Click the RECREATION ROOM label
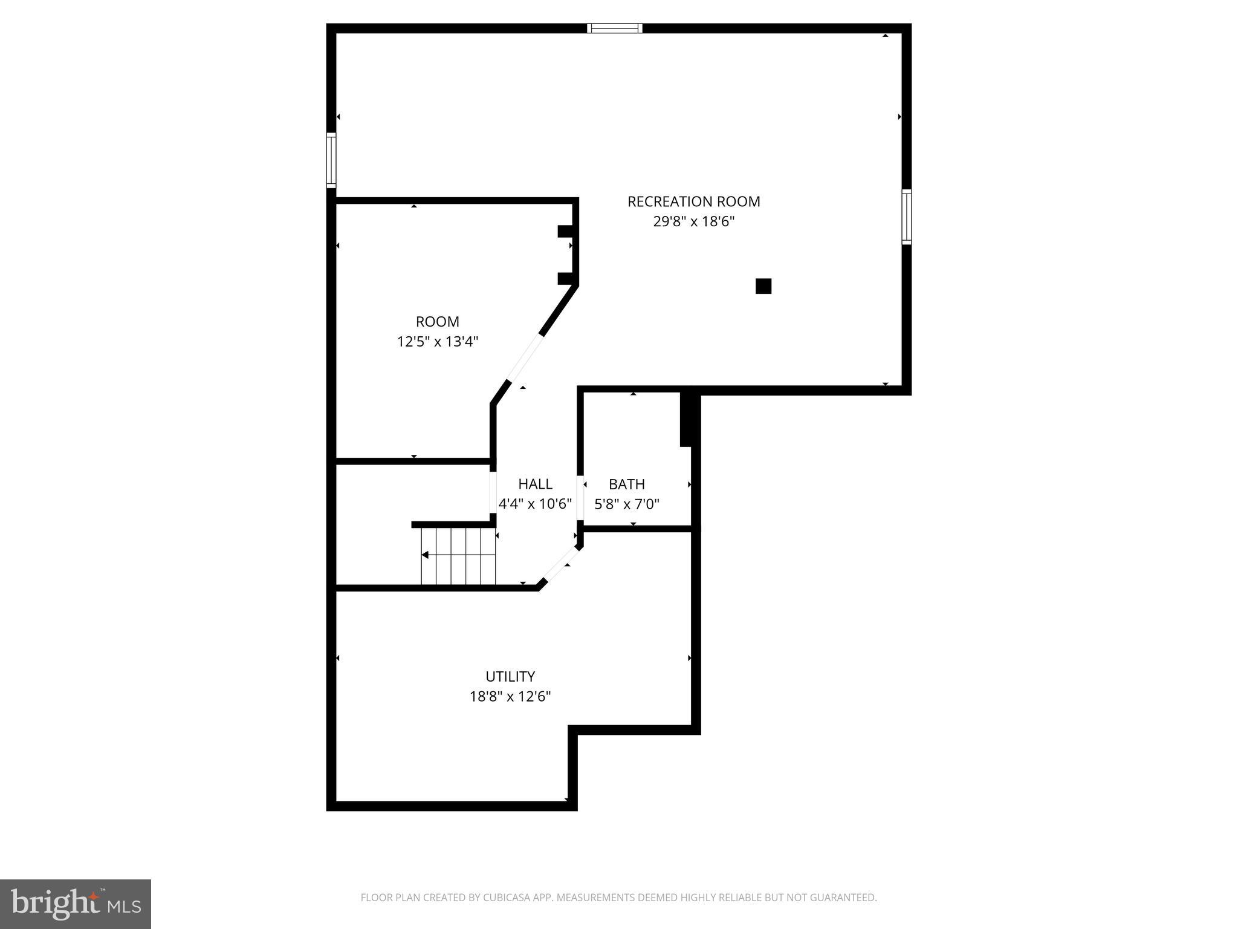click(x=693, y=201)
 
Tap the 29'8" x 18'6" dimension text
click(x=693, y=221)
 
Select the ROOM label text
click(x=437, y=322)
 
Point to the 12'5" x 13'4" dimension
click(x=437, y=342)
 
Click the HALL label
click(x=535, y=484)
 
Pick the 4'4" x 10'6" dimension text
click(x=535, y=504)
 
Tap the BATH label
click(x=626, y=484)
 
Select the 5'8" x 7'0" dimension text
click(x=626, y=504)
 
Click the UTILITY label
click(x=510, y=676)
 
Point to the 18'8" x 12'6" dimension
click(x=510, y=696)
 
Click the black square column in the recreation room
click(x=763, y=286)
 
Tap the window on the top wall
click(x=615, y=28)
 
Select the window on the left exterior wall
click(x=331, y=160)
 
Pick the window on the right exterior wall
click(x=906, y=217)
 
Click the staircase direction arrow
click(x=426, y=555)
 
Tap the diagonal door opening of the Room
click(x=524, y=357)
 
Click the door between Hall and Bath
click(x=580, y=498)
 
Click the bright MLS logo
click(x=76, y=904)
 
